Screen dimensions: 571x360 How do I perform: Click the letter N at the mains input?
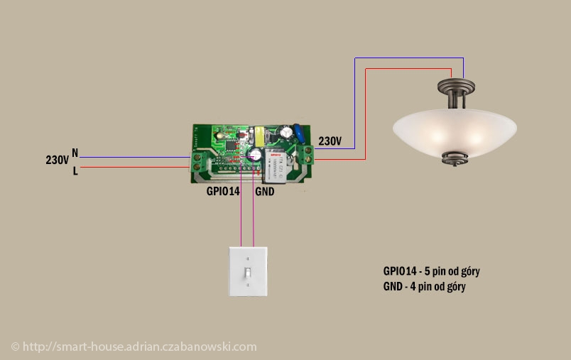coord(75,153)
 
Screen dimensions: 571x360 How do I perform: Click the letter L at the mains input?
coord(75,170)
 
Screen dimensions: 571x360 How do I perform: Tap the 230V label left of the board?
coord(58,160)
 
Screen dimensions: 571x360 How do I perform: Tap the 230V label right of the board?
coord(330,141)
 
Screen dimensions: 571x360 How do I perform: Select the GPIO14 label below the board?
coord(223,191)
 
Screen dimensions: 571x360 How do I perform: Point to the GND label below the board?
coord(265,192)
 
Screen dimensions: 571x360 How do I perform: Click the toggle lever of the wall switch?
coord(248,272)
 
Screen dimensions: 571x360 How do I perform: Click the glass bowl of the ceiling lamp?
coord(455,132)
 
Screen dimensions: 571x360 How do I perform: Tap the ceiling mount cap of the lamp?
coord(456,87)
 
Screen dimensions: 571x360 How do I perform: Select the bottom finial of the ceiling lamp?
coord(455,159)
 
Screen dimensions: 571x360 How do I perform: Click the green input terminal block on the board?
coord(197,162)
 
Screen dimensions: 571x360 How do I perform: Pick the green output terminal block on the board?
coord(306,154)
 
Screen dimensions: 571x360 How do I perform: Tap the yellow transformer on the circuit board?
coord(261,135)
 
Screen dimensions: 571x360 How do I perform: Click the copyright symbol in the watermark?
coord(16,347)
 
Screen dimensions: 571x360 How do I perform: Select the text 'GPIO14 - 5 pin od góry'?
coord(431,271)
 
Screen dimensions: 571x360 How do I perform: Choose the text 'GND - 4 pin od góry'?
coord(424,287)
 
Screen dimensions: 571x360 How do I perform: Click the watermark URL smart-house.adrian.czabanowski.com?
coord(139,347)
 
